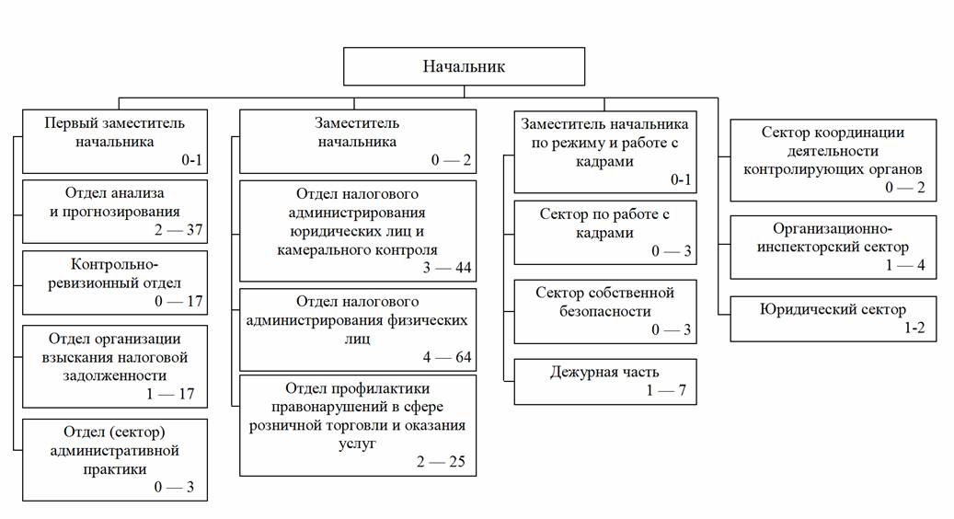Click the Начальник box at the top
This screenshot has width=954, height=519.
tap(464, 66)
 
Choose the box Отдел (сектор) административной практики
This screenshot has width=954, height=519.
tap(115, 459)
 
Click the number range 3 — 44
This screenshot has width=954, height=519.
tap(445, 268)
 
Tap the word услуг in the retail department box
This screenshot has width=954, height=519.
tap(358, 443)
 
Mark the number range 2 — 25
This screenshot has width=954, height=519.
tap(445, 461)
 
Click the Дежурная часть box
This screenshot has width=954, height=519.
tap(604, 382)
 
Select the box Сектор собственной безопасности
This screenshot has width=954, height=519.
tap(604, 311)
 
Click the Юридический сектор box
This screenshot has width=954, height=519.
tap(833, 318)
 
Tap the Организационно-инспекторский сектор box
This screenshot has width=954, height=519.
tap(833, 246)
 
